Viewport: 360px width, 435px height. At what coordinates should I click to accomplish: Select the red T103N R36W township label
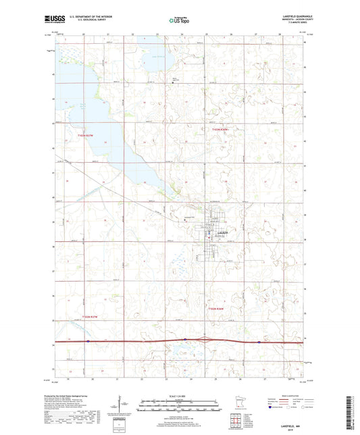222,129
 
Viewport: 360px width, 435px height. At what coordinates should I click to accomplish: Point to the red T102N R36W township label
217,309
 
